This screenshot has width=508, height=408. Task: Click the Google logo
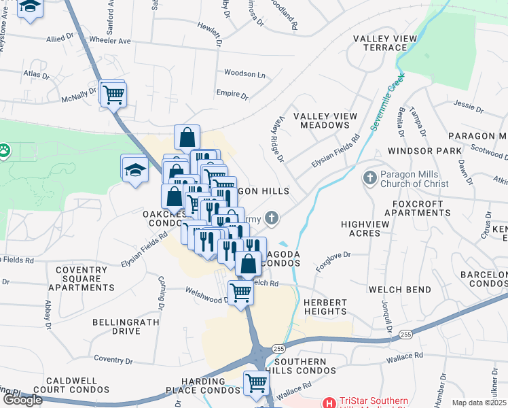tap(22, 400)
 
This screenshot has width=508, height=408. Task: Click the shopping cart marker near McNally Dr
tap(113, 95)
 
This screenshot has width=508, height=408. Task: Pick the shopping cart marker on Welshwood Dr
tap(240, 293)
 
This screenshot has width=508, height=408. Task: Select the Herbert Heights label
tap(325, 307)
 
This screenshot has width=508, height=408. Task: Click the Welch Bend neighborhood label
tap(399, 290)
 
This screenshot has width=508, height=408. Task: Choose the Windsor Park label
tap(419, 150)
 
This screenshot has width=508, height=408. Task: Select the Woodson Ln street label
tap(244, 73)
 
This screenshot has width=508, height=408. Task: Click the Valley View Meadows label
tap(325, 120)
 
